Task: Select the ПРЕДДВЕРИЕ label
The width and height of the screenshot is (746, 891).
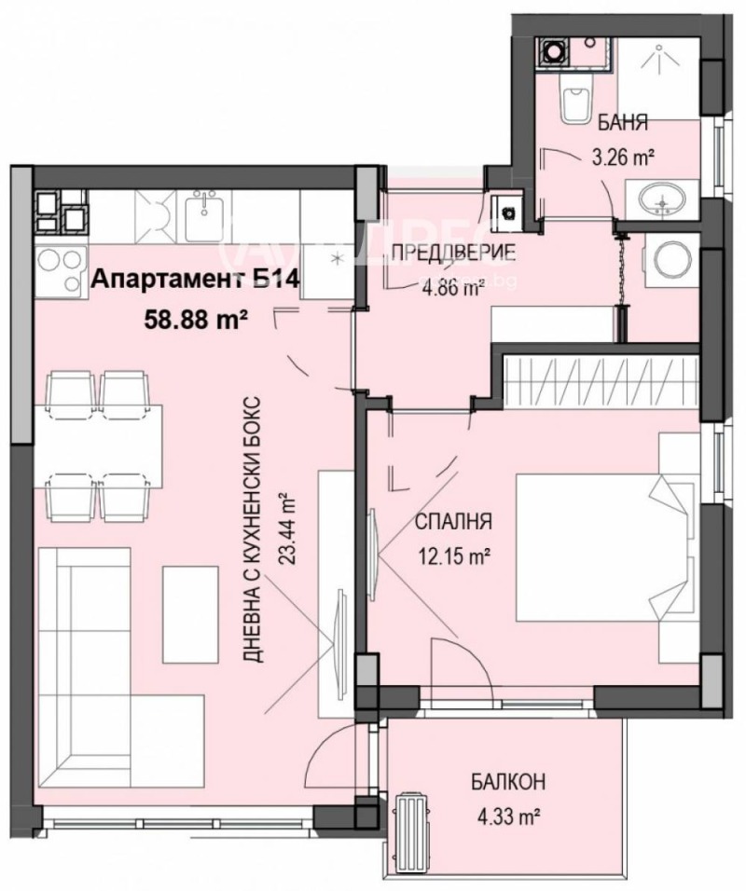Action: (x=440, y=251)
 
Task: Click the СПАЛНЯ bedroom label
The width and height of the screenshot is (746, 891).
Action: (x=454, y=523)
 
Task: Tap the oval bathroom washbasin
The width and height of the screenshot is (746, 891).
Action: (x=664, y=197)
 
